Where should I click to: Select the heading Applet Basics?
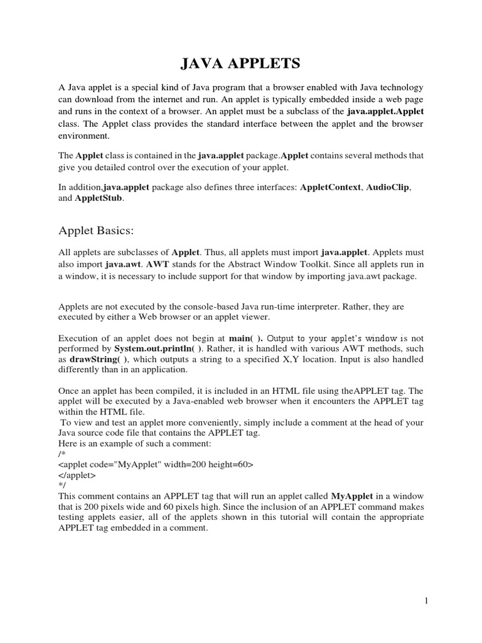[x=96, y=230]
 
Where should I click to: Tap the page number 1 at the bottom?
[x=426, y=601]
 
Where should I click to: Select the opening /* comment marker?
[x=62, y=454]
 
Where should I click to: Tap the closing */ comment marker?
[x=62, y=485]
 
